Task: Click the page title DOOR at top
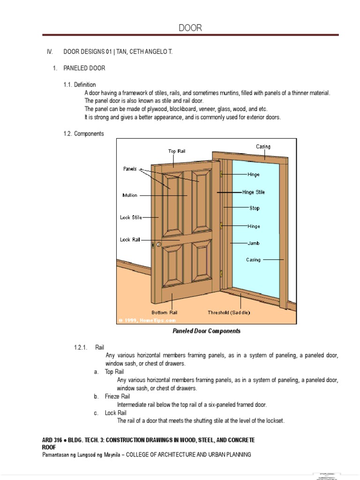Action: click(x=190, y=28)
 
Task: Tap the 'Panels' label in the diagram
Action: click(x=130, y=169)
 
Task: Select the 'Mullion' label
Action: click(x=130, y=195)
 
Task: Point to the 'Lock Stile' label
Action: click(x=131, y=217)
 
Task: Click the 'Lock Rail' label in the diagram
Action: click(x=130, y=240)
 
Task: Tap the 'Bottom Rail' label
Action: click(x=164, y=312)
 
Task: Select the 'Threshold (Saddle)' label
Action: click(x=229, y=312)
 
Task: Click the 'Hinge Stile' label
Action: click(x=254, y=192)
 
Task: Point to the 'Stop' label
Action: click(x=254, y=208)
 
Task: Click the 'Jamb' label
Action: click(x=254, y=243)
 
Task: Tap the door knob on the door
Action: click(x=158, y=244)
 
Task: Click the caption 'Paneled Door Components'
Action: click(x=206, y=331)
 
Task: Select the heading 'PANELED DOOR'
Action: click(x=84, y=68)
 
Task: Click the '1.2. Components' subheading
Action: click(x=84, y=134)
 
